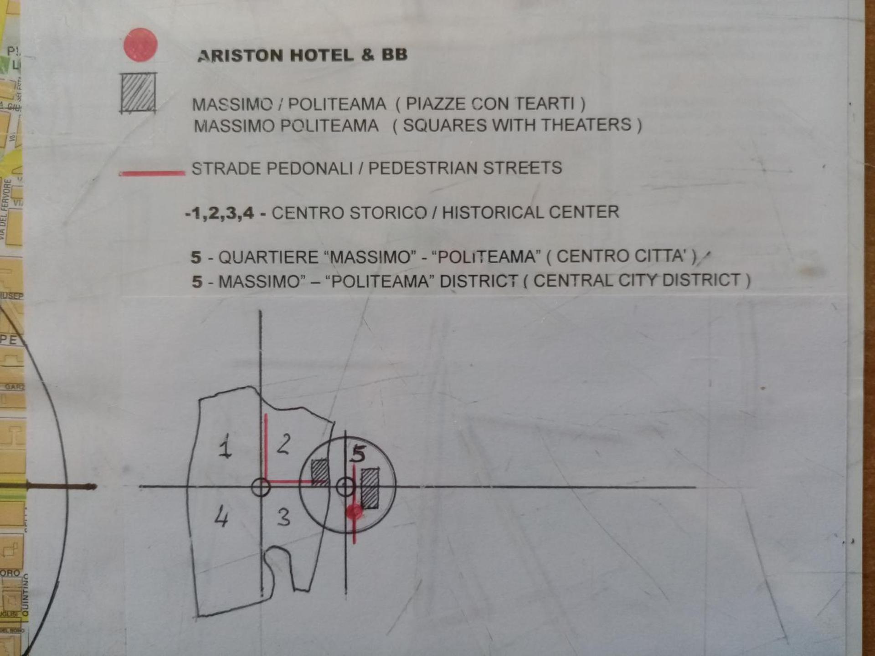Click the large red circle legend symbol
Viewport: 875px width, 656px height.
pos(140,45)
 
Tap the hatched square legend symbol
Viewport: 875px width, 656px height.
pos(138,93)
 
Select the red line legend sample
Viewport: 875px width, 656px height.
pos(152,173)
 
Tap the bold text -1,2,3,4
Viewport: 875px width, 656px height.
pos(220,213)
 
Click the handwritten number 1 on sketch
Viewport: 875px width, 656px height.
pos(225,446)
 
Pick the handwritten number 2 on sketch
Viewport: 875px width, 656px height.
pos(283,444)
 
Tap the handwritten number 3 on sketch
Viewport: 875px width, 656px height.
pos(283,517)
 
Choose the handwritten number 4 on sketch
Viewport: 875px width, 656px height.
pos(221,517)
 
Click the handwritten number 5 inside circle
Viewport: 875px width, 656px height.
pos(359,454)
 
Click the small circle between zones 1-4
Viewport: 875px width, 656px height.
pos(261,487)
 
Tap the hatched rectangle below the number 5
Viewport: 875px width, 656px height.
pos(370,488)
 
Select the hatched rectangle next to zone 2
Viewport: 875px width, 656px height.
pos(319,472)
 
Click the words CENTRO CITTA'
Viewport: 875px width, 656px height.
pos(622,256)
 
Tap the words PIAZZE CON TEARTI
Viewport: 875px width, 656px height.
pos(490,104)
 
